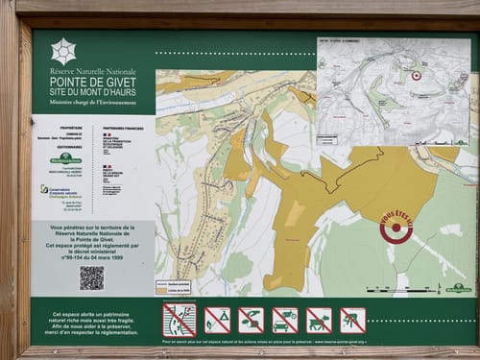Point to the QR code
[x=91, y=277]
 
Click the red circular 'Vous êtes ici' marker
[x=396, y=228]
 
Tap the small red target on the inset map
[x=417, y=75]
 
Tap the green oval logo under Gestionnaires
[x=65, y=158]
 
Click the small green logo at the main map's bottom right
[x=458, y=287]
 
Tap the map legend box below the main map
[x=173, y=285]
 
